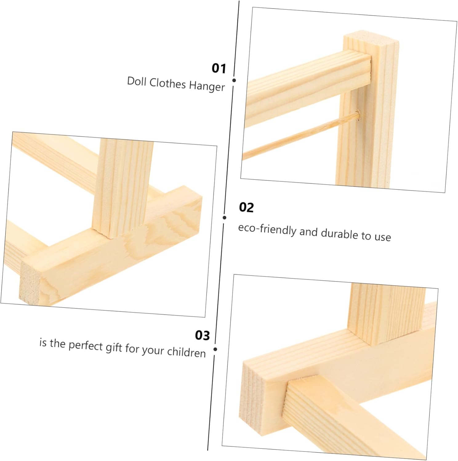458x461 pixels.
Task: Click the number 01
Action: coord(219,68)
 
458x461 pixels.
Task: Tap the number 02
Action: coord(246,207)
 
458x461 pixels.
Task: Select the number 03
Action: coord(202,335)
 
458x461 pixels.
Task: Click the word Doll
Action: coord(136,81)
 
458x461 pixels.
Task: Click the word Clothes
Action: coord(167,83)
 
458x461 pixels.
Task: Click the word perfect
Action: coord(86,346)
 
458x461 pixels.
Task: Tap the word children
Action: coord(186,352)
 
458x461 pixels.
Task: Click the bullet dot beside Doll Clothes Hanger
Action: coord(234,80)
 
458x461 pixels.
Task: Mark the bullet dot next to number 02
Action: coord(224,218)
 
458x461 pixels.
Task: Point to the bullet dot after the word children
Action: coord(215,349)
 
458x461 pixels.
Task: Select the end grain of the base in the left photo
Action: coord(30,283)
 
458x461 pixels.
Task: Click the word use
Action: coord(383,237)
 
